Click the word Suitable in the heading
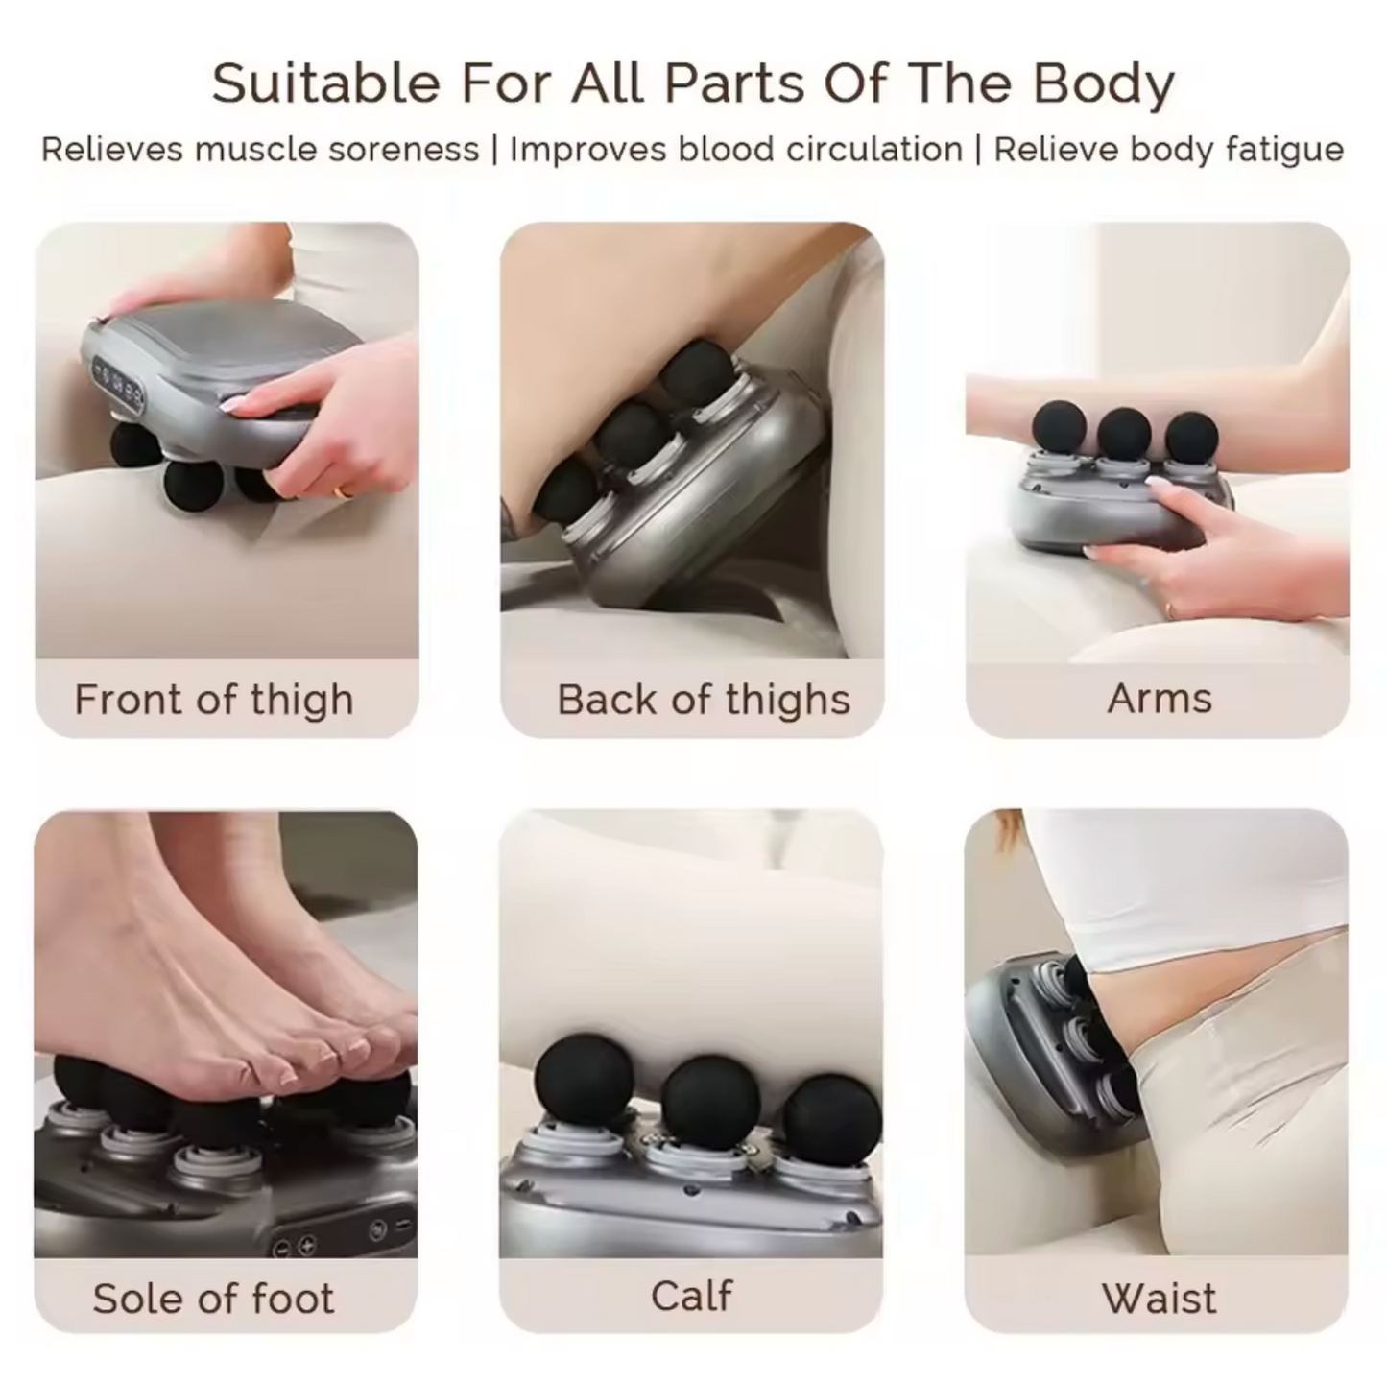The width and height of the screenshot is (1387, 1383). pyautogui.click(x=325, y=83)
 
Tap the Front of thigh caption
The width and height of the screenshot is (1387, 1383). pyautogui.click(x=214, y=700)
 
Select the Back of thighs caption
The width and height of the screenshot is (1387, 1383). pyautogui.click(x=704, y=700)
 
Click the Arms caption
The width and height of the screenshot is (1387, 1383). pyautogui.click(x=1159, y=699)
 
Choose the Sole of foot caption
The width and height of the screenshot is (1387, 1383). pyautogui.click(x=213, y=1299)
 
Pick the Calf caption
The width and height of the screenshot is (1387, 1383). pyautogui.click(x=692, y=1296)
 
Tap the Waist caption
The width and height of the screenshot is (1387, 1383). pyautogui.click(x=1159, y=1299)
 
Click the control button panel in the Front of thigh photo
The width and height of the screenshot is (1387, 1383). pyautogui.click(x=116, y=386)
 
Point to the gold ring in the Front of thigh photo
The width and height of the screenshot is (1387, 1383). pyautogui.click(x=344, y=491)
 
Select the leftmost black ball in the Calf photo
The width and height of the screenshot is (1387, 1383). pyautogui.click(x=584, y=1083)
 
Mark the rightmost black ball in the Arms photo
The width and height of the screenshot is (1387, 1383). pyautogui.click(x=1192, y=437)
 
